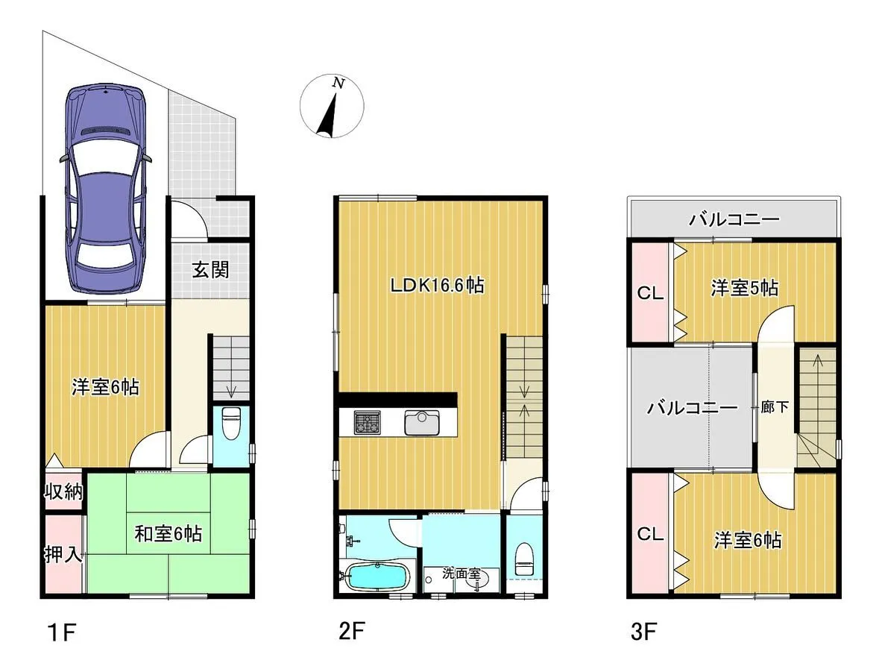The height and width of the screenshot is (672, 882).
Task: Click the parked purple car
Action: (x=107, y=189)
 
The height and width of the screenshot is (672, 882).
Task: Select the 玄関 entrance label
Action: (x=210, y=270)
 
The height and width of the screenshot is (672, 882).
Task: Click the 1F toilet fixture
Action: (x=230, y=423)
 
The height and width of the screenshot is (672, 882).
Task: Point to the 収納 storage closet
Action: (x=63, y=492)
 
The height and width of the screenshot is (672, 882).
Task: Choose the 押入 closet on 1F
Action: (x=63, y=555)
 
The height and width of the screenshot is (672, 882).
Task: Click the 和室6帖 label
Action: (x=168, y=533)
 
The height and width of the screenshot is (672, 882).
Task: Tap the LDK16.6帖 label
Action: (x=437, y=286)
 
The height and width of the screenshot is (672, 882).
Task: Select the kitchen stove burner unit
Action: (x=368, y=423)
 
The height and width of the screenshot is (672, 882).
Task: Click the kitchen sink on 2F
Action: (x=422, y=423)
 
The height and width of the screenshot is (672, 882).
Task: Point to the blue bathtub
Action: (x=375, y=577)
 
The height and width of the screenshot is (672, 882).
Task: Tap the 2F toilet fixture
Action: (x=523, y=559)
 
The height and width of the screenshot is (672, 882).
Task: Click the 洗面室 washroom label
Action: (x=462, y=574)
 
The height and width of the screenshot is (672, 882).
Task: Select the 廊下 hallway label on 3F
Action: (x=775, y=407)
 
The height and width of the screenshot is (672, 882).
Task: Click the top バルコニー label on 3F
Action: (x=734, y=219)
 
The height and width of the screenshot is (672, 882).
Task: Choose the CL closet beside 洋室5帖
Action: (x=649, y=292)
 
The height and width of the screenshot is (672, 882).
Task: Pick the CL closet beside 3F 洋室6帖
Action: (x=649, y=533)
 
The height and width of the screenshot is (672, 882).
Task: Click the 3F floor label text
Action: (x=643, y=632)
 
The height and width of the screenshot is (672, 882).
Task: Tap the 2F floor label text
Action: (x=352, y=631)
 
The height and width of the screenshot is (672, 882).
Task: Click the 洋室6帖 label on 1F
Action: (x=105, y=387)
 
